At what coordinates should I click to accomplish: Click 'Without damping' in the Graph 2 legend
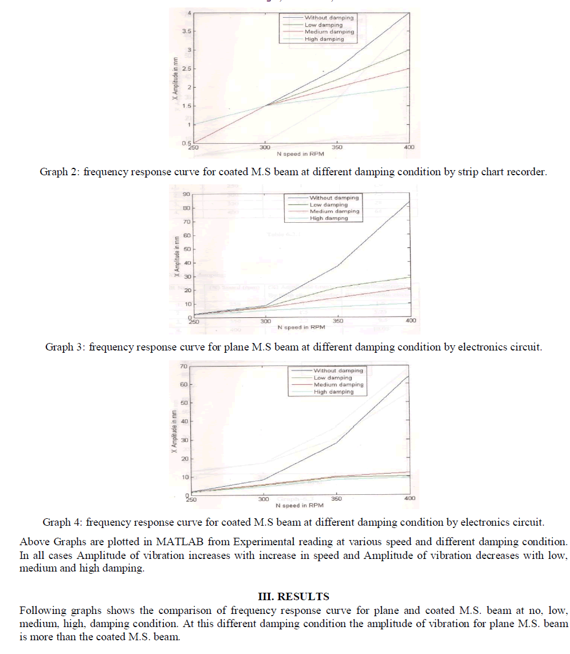point(329,18)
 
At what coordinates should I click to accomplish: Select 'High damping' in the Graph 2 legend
point(324,39)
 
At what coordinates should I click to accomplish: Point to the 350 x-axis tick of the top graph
point(337,147)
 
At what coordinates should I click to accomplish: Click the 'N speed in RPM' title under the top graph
point(301,154)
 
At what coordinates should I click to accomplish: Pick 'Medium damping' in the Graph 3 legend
point(335,211)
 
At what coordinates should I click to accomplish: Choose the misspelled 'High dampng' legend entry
point(329,218)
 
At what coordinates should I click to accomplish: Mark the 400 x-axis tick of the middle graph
point(410,321)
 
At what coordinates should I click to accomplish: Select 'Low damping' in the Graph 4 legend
point(333,378)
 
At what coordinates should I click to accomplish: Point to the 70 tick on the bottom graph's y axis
point(184,366)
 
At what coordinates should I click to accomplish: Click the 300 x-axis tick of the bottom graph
point(264,499)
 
